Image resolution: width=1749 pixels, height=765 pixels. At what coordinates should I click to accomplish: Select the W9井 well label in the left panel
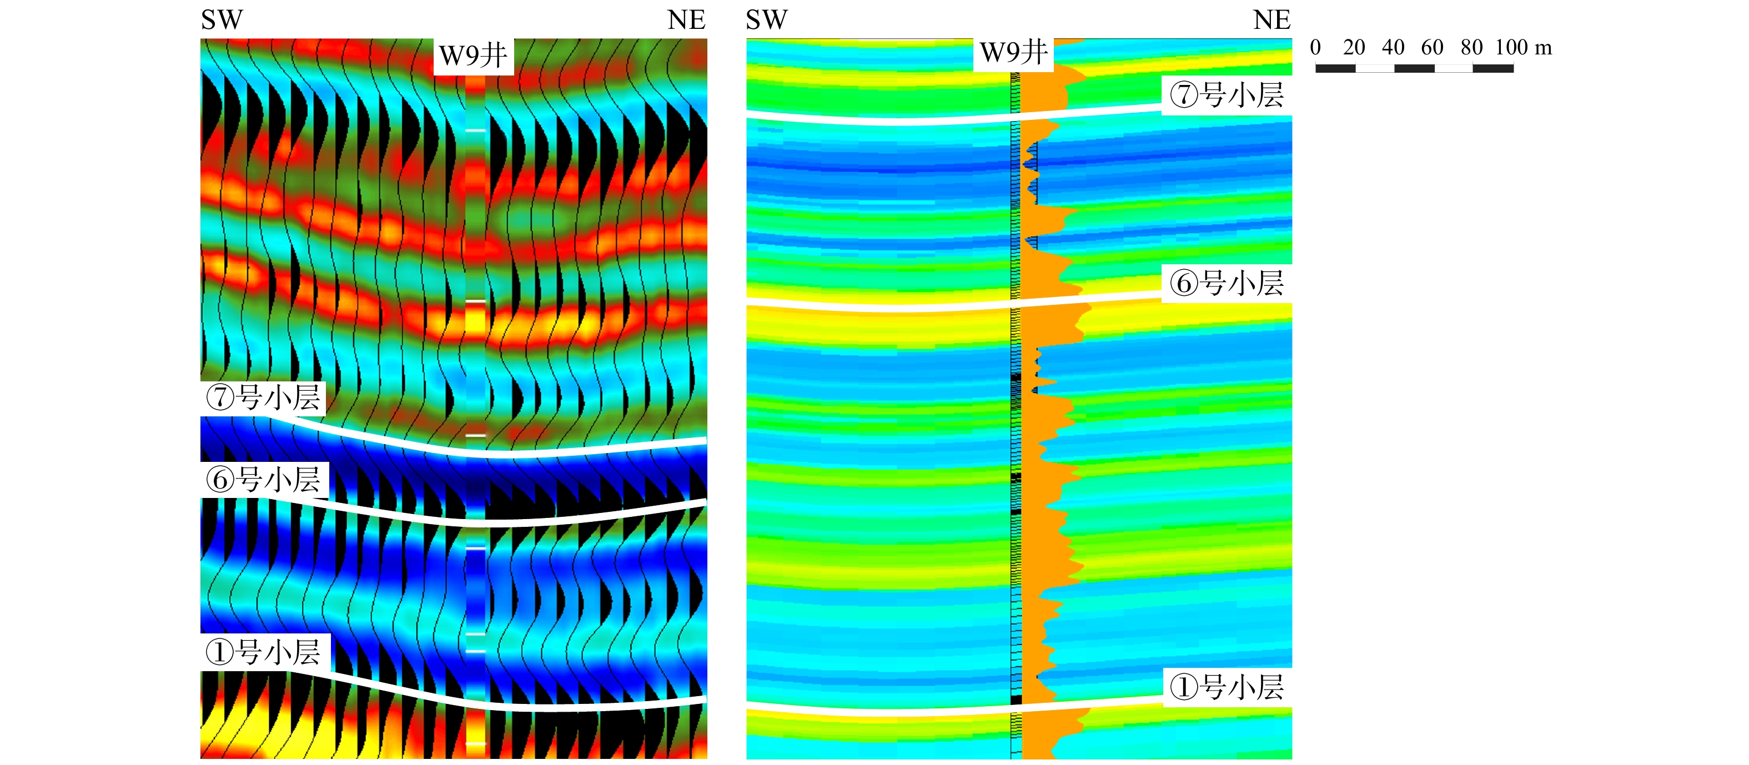473,55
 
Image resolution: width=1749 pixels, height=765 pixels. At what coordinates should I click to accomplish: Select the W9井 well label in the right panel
1014,52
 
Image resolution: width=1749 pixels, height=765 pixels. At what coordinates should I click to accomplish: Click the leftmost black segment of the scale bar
1335,68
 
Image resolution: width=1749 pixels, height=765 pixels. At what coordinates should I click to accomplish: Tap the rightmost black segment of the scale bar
1493,68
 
